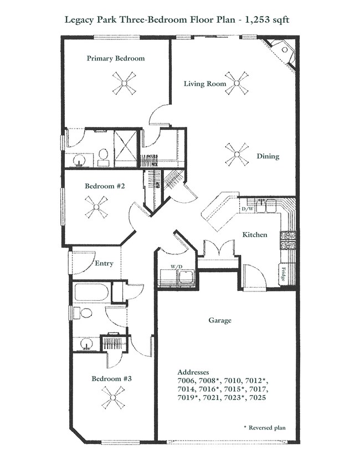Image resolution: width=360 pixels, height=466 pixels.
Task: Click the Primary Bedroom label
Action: coord(116,58)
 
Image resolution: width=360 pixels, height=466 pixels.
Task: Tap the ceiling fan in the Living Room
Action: coord(236,83)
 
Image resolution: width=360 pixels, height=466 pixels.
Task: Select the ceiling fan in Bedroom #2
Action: coord(96,207)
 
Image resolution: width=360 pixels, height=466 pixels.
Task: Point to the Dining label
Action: coord(268,156)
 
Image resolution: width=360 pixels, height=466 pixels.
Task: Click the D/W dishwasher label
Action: coord(248,209)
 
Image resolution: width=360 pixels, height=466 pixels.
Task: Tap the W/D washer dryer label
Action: coord(177,267)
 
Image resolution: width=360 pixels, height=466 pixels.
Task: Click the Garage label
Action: coord(220,320)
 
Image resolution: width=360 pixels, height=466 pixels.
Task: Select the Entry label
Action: coord(104,263)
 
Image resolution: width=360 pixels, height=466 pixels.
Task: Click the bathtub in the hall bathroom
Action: coord(91,293)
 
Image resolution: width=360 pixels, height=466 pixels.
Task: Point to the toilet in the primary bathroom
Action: coord(104,157)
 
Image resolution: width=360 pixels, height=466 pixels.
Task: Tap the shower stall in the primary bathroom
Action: coord(126,148)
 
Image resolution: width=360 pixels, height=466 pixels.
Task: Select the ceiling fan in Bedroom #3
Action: coord(113,397)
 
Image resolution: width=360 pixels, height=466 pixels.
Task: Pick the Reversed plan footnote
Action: coord(265,428)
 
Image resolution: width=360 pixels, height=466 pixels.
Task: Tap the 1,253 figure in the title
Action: coord(255,20)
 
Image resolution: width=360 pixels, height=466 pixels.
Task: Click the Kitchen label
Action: coord(255,235)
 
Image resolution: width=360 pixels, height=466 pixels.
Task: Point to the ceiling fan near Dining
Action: coord(236,155)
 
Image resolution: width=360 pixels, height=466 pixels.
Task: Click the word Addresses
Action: coord(193,372)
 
